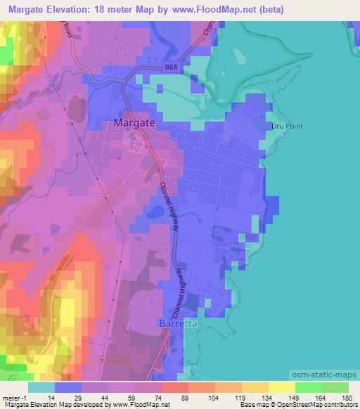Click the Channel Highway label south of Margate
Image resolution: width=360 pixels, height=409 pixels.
coord(169,209)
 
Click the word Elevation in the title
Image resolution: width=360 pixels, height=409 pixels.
coord(82,9)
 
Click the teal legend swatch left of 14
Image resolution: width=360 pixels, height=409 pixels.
coord(41,387)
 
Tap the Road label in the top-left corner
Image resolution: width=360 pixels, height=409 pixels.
coord(67,29)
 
